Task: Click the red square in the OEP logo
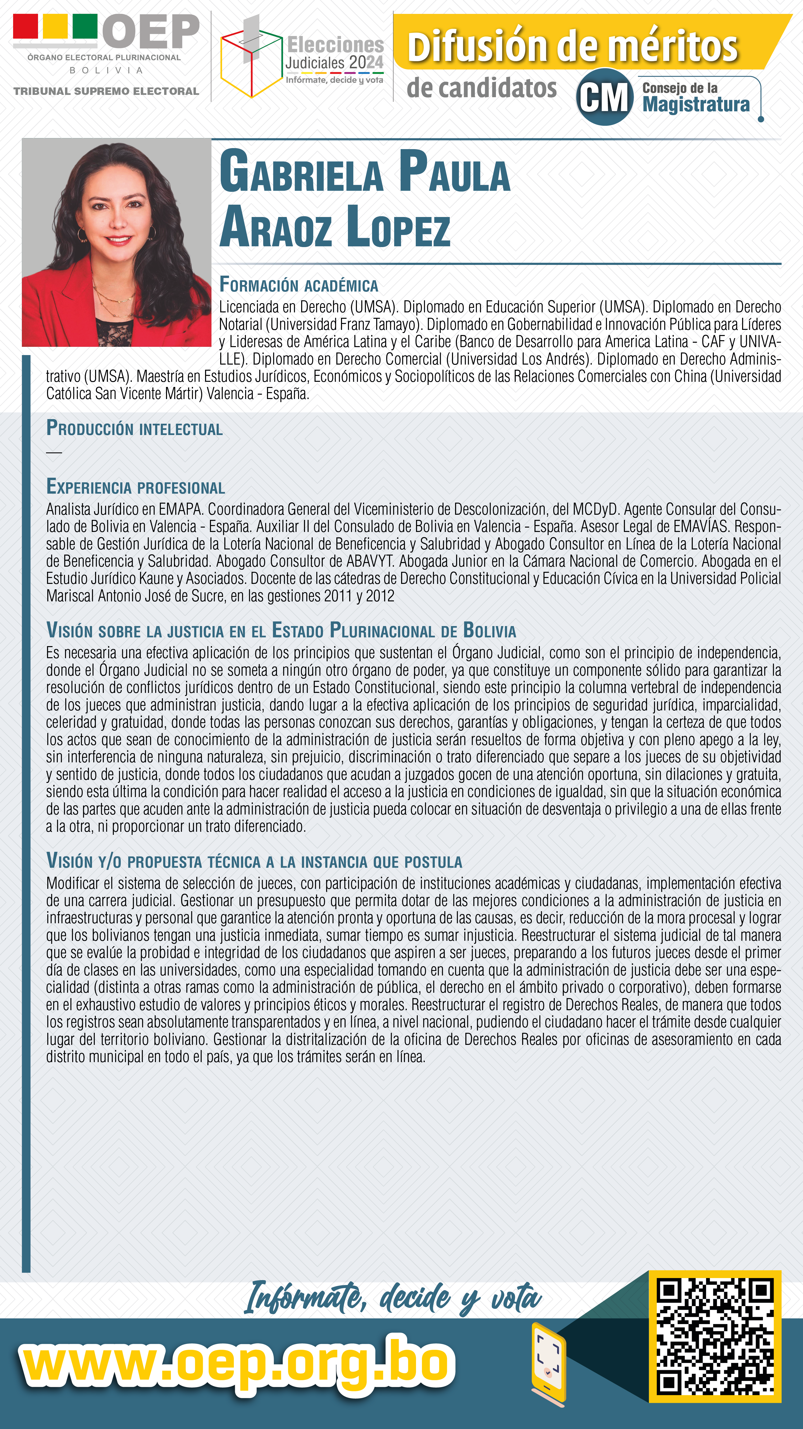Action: click(x=25, y=26)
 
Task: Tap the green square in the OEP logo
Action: click(x=85, y=26)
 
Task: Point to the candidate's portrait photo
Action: click(x=116, y=242)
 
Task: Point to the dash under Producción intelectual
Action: click(x=54, y=453)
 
